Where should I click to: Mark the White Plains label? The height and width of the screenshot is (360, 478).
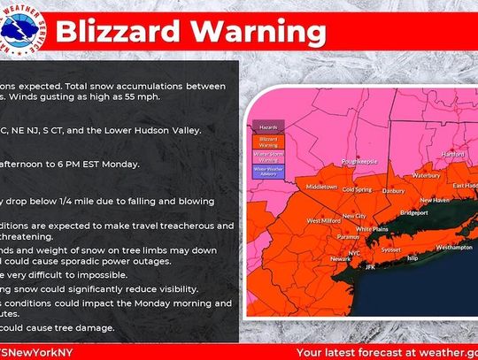pos(374,228)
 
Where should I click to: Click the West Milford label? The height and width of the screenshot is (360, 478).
pos(323,219)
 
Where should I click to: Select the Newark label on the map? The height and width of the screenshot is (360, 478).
pos(317,258)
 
